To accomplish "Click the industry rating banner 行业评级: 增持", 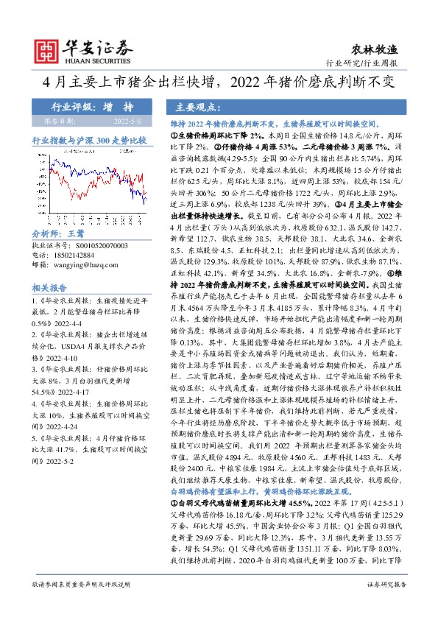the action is point(87,106).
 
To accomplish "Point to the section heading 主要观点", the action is point(203,106).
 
